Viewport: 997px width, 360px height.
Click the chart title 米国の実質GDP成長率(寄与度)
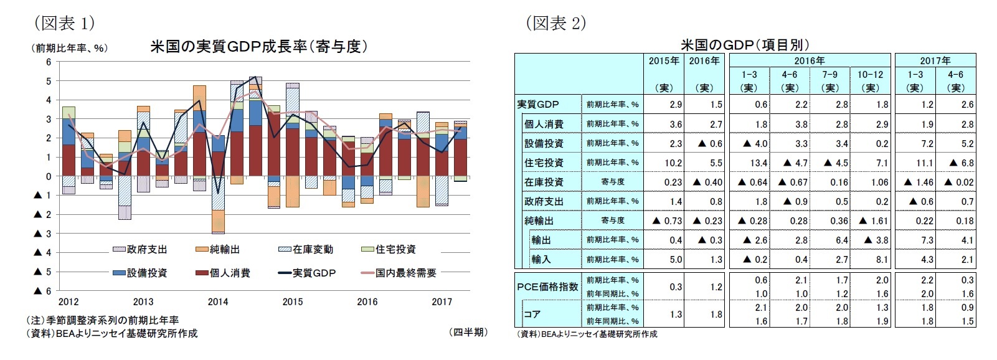pyautogui.click(x=258, y=47)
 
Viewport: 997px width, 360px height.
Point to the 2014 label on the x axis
pyautogui.click(x=218, y=302)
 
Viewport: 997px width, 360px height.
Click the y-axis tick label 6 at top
pyautogui.click(x=49, y=62)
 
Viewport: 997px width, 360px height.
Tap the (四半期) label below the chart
pyautogui.click(x=468, y=333)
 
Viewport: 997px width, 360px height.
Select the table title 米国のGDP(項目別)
pyautogui.click(x=745, y=45)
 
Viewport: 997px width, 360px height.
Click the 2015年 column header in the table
pyautogui.click(x=664, y=61)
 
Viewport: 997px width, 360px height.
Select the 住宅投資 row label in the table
pyautogui.click(x=544, y=163)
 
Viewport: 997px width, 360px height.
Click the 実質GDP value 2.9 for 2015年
pyautogui.click(x=676, y=105)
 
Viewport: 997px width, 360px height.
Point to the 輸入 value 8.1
pyautogui.click(x=882, y=260)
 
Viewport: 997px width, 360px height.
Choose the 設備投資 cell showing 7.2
pyautogui.click(x=927, y=144)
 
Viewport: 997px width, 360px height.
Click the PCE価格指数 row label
pyautogui.click(x=547, y=287)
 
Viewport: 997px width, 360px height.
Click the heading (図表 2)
pyautogui.click(x=556, y=23)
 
